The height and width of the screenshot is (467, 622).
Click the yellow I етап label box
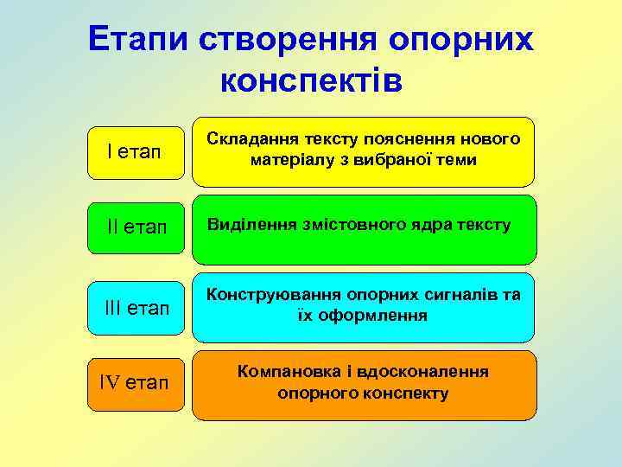pos(135,152)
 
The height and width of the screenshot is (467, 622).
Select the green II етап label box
pos(136,227)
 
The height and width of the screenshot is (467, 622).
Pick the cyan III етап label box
pos(136,308)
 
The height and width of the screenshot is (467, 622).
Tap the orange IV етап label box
pos(136,383)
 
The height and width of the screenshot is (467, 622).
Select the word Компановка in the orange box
pos(284,372)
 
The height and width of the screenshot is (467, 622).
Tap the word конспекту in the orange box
pos(407,393)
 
